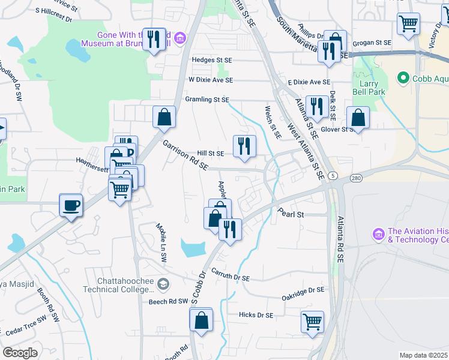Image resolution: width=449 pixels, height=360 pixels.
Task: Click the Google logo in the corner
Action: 20,353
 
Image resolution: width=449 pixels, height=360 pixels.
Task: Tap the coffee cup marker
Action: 71,206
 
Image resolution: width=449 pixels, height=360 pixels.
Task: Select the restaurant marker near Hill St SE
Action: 244,146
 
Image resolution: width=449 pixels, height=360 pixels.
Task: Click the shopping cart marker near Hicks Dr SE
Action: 312,322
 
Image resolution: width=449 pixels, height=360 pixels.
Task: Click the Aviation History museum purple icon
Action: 378,233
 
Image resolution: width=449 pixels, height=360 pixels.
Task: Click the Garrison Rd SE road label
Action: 185,155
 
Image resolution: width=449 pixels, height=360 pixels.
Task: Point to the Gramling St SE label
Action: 199,100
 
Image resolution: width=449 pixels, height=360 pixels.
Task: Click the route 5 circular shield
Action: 333,175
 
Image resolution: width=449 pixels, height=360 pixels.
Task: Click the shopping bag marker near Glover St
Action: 358,118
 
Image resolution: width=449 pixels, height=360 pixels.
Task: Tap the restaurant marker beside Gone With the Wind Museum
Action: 154,40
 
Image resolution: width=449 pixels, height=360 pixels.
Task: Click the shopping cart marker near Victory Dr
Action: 408,25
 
